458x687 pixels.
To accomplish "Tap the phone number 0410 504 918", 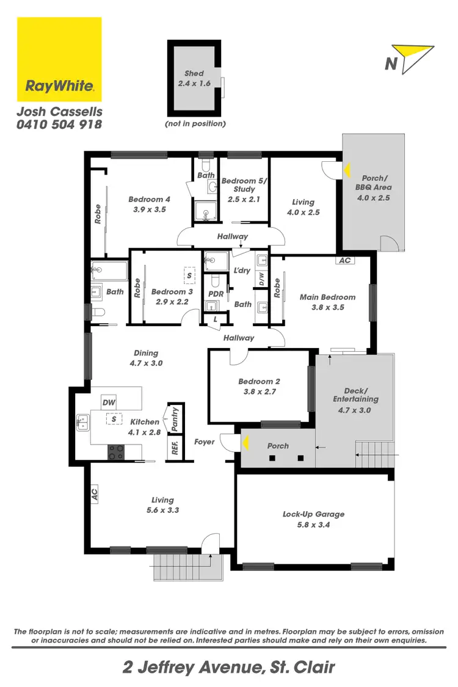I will (59, 124).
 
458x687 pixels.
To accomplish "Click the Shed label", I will (194, 73).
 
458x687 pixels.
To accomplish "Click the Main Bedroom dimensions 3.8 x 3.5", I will (327, 307).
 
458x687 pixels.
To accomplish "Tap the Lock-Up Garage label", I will (313, 514).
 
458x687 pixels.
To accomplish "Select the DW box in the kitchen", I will (109, 402).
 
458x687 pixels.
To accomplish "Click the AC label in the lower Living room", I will (95, 494).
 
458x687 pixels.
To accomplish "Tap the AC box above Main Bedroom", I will (344, 260).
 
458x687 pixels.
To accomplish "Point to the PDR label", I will (215, 294).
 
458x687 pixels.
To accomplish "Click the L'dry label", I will (242, 270).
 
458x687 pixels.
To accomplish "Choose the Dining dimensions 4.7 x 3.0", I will (146, 363).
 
